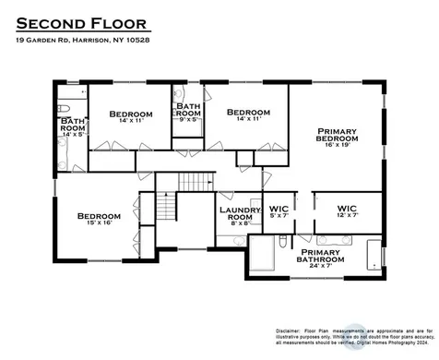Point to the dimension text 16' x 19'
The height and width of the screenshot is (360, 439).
[x=337, y=145]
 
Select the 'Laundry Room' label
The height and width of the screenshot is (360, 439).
[x=242, y=213]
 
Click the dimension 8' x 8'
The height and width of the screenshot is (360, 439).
[x=242, y=223]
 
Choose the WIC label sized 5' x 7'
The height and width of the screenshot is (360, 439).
[x=279, y=210]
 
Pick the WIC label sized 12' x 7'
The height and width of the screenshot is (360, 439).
[x=347, y=209]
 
